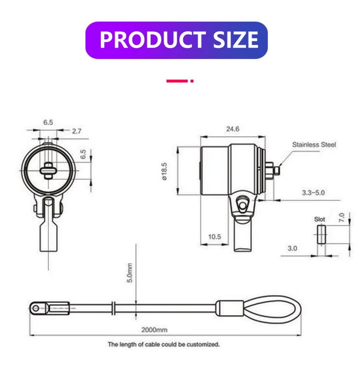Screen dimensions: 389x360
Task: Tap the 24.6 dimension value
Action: (x=232, y=129)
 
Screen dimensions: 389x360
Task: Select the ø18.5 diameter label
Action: (x=165, y=171)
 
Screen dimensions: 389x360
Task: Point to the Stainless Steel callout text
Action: (x=314, y=144)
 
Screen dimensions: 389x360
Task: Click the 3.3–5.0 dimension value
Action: (x=313, y=192)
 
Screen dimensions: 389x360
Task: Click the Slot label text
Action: (x=320, y=219)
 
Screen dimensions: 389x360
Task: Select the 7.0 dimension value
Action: (x=342, y=217)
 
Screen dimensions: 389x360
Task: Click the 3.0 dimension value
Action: (x=292, y=248)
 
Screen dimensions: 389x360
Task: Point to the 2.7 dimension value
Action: (x=76, y=130)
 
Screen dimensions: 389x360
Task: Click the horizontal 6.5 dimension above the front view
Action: (x=48, y=123)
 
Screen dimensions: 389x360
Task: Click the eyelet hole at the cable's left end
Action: (x=35, y=307)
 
